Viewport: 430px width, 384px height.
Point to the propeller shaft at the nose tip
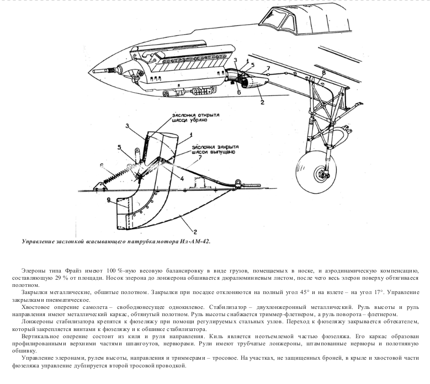pyautogui.click(x=101, y=72)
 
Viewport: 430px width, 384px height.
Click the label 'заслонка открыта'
pyautogui.click(x=195, y=115)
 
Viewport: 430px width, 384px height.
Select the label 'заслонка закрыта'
pyautogui.click(x=215, y=147)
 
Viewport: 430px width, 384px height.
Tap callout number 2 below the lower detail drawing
pyautogui.click(x=195, y=232)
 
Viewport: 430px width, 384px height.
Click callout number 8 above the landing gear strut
pyautogui.click(x=323, y=73)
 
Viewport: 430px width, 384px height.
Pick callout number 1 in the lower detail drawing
pyautogui.click(x=191, y=135)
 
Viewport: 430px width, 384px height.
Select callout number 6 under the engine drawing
pyautogui.click(x=239, y=93)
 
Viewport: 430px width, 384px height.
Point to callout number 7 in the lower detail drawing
pyautogui.click(x=200, y=157)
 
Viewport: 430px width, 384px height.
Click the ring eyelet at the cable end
pyautogui.click(x=238, y=182)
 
